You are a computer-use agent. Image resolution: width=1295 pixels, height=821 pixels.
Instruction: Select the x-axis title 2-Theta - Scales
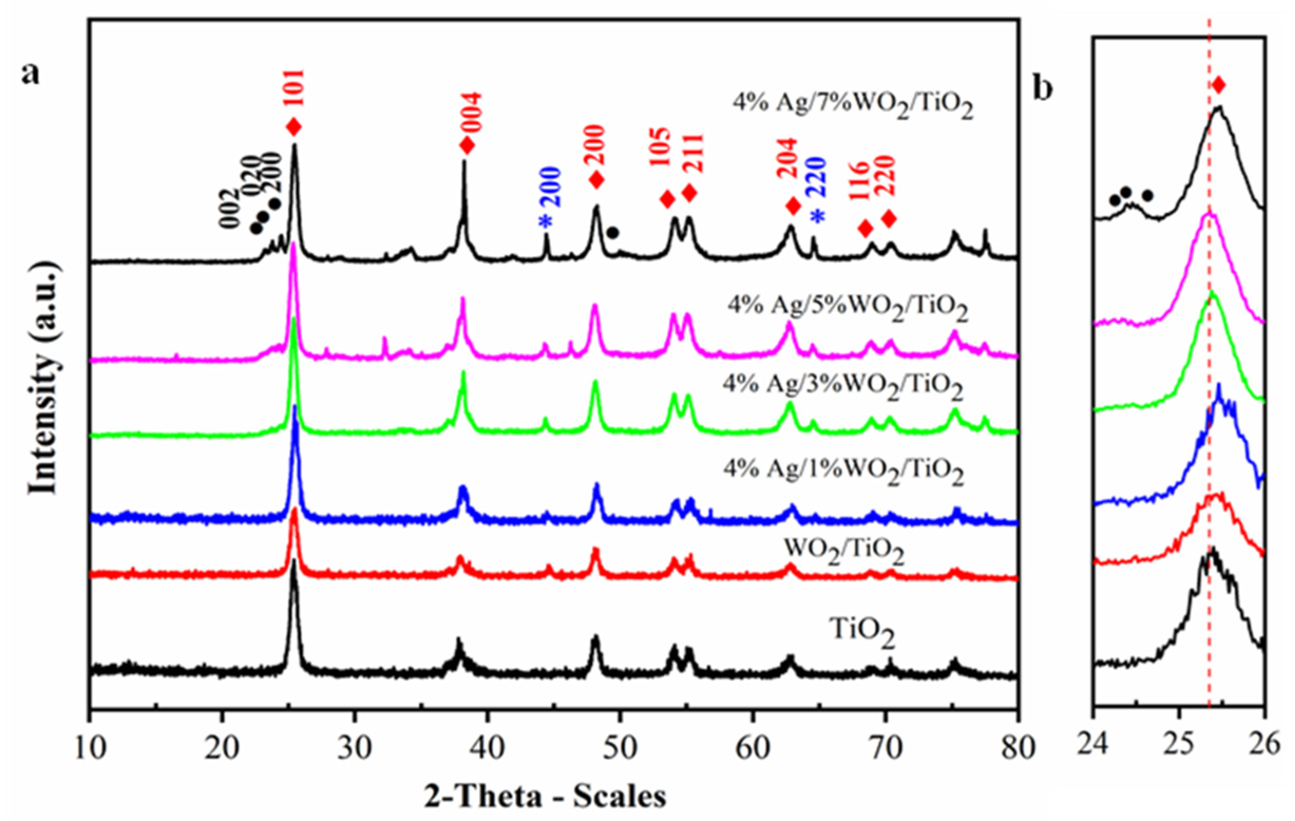[x=545, y=796]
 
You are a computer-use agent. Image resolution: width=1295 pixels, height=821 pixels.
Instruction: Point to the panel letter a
[x=30, y=73]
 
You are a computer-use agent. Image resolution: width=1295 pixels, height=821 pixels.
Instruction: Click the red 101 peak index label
[x=295, y=89]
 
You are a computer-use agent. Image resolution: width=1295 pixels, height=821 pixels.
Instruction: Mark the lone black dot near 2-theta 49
[x=613, y=233]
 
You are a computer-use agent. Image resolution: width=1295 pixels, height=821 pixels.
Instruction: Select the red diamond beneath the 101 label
[x=294, y=127]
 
